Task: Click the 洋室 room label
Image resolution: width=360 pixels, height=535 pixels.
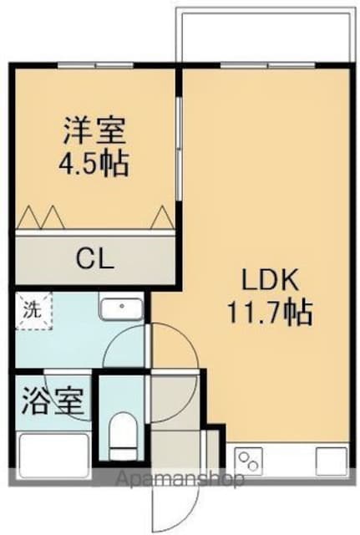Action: click(x=94, y=130)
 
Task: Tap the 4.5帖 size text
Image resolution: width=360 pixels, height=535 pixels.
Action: click(x=94, y=164)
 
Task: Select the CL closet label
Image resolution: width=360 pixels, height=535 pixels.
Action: click(x=94, y=258)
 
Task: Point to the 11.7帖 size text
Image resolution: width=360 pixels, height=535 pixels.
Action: click(x=269, y=313)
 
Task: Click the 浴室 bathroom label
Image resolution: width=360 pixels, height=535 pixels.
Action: click(x=53, y=400)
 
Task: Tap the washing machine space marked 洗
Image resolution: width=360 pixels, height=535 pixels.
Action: click(x=33, y=310)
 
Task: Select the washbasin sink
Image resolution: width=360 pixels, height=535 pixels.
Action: click(x=121, y=308)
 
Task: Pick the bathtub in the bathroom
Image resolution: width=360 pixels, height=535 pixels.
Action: click(x=53, y=453)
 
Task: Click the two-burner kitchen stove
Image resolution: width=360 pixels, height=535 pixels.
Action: click(x=249, y=461)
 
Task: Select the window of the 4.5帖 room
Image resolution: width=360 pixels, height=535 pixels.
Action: click(x=95, y=65)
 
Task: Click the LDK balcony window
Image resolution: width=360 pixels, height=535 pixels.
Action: click(x=267, y=65)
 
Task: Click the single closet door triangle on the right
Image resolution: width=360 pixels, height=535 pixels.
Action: click(x=162, y=217)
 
